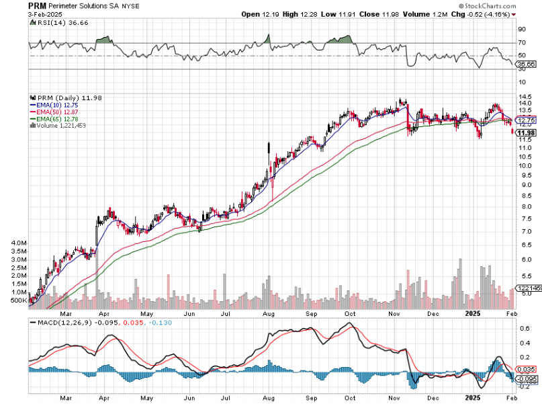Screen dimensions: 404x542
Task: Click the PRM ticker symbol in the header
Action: [37, 5]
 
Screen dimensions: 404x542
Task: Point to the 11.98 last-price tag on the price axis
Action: [527, 132]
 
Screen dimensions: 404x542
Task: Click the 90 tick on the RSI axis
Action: [521, 30]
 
